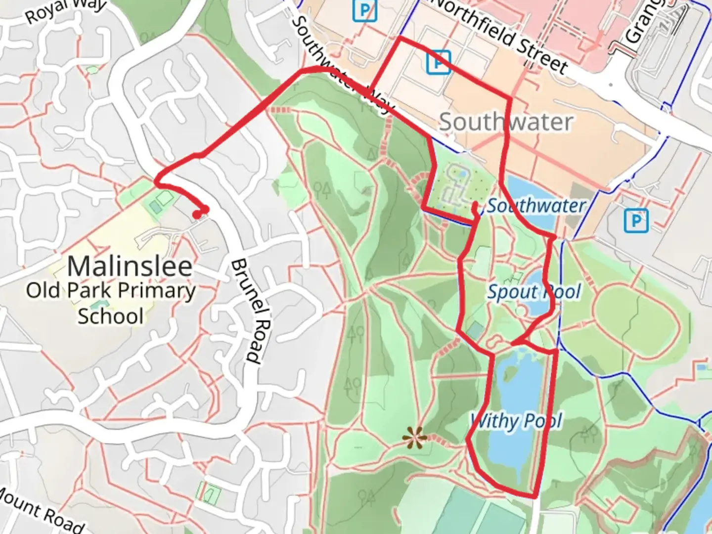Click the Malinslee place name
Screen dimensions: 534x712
click(130, 267)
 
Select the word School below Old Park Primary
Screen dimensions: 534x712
click(111, 315)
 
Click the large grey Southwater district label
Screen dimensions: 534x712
click(506, 122)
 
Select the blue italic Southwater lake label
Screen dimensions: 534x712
click(536, 206)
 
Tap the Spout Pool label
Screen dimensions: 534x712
click(534, 292)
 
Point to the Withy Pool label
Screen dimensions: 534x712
click(516, 421)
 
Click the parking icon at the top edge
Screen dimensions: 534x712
click(365, 10)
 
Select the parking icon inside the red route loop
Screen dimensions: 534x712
click(438, 62)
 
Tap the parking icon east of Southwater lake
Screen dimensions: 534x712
click(636, 221)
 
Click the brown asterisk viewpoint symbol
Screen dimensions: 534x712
click(414, 438)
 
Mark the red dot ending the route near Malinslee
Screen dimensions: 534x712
click(197, 215)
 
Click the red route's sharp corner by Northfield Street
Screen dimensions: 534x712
click(399, 38)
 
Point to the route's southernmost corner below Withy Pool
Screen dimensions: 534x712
click(535, 495)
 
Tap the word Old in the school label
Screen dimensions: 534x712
click(44, 290)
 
